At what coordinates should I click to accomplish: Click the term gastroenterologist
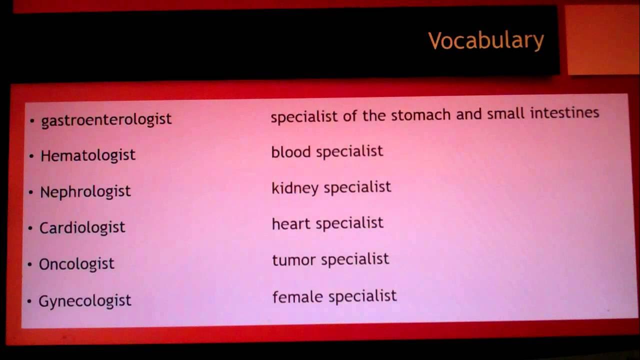pos(106,119)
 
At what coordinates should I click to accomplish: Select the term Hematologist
pos(87,155)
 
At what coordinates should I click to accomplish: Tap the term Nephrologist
pos(85,191)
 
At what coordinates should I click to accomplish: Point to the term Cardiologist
pos(82,227)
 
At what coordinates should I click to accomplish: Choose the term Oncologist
pos(76,264)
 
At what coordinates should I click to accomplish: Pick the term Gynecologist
pos(84,300)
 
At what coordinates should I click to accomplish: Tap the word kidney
pos(295,188)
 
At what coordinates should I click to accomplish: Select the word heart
pos(291,223)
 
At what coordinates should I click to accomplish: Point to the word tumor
pos(293,259)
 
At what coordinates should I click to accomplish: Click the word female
pos(297,296)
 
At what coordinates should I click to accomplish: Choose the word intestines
pos(564,112)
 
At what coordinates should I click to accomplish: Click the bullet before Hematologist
pos(31,156)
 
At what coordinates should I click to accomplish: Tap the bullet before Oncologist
pos(30,264)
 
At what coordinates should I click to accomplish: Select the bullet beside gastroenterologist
pos(32,120)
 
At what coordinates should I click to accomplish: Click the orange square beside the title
pos(603,40)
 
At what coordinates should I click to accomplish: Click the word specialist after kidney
pos(357,187)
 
